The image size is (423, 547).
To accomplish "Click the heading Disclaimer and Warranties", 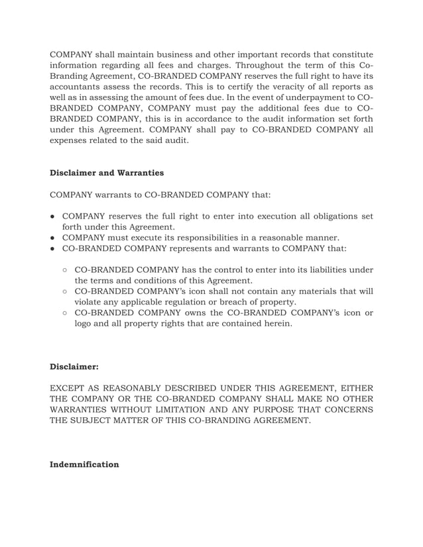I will (107, 173).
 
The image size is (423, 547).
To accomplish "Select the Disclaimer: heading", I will (78, 366).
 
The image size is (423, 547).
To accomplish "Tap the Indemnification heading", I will (84, 464).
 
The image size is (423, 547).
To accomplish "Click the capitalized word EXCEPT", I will (70, 387).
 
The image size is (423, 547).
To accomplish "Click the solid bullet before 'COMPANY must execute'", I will (53, 237).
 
